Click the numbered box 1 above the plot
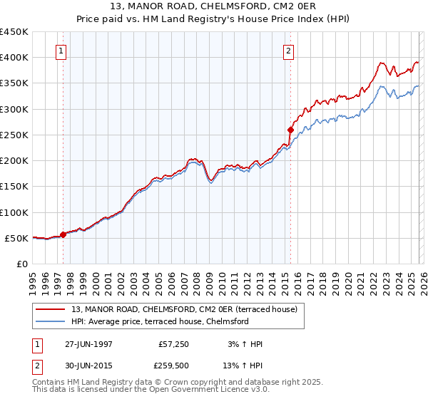pos(61,51)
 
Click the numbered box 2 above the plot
pos(288,51)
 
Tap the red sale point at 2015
pos(290,130)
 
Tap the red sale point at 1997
pos(63,234)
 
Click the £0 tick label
pos(21,264)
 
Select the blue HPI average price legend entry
pos(159,321)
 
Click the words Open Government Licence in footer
pos(202,391)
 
